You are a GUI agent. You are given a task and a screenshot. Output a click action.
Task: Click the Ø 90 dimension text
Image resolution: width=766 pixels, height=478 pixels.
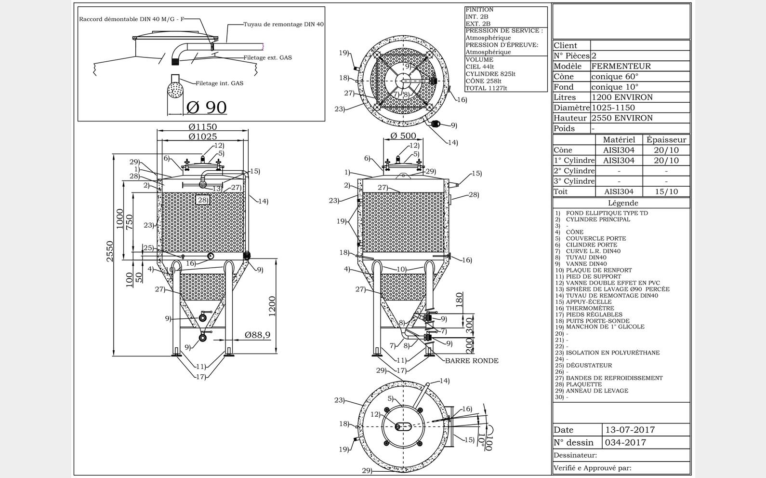[206, 107]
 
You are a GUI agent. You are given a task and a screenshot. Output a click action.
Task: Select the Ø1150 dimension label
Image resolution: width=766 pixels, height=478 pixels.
[203, 127]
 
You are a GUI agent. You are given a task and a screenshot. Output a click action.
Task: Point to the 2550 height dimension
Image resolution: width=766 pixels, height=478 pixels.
[110, 251]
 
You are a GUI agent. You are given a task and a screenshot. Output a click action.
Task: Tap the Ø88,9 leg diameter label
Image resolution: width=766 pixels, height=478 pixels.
[257, 335]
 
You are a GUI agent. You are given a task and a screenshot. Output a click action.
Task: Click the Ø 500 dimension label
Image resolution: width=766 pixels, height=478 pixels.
[403, 136]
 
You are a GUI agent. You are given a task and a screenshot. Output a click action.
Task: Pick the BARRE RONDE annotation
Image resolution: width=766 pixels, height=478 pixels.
[471, 361]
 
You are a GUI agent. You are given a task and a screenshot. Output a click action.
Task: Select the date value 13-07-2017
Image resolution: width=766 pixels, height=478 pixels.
[630, 430]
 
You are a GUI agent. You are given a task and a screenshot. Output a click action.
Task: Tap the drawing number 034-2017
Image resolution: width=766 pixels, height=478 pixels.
[625, 442]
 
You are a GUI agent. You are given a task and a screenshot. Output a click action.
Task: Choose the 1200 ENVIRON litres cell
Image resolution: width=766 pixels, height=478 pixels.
[622, 97]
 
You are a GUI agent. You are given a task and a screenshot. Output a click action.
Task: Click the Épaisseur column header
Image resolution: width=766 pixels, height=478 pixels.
[666, 139]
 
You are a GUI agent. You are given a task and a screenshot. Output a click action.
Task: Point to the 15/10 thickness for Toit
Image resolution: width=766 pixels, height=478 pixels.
[666, 191]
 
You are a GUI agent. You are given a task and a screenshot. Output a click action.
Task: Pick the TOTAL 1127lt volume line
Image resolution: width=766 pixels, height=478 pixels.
[486, 88]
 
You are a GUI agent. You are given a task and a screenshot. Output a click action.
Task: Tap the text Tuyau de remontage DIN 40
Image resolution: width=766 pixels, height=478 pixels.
[283, 24]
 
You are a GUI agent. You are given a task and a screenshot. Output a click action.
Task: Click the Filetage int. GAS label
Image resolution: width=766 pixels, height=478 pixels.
[219, 83]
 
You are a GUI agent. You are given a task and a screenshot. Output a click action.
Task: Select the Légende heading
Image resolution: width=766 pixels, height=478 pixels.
[622, 203]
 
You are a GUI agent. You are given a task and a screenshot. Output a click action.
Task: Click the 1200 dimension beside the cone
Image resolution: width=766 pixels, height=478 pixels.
[272, 306]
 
